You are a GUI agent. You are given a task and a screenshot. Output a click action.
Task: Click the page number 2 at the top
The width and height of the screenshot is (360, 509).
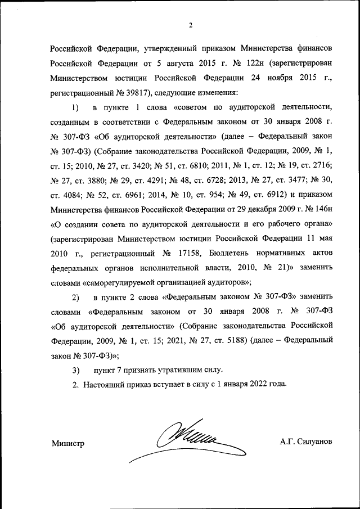click(191, 25)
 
